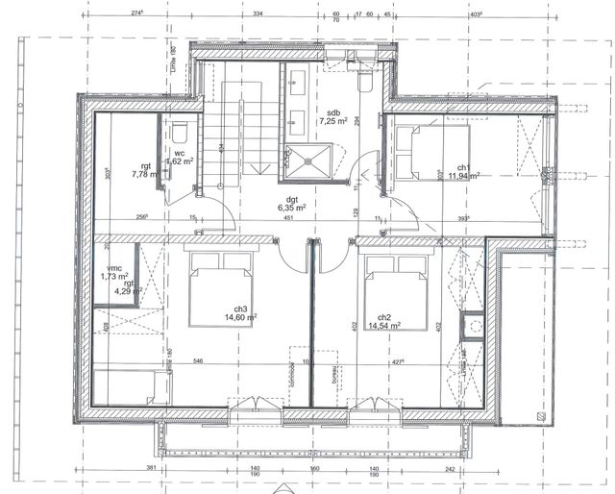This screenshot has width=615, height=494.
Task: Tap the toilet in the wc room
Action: [x=180, y=134]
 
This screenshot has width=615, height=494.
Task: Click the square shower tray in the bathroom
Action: [x=310, y=161]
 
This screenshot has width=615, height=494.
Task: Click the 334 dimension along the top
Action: [x=258, y=14]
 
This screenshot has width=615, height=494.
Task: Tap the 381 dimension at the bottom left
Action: [x=150, y=469]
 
